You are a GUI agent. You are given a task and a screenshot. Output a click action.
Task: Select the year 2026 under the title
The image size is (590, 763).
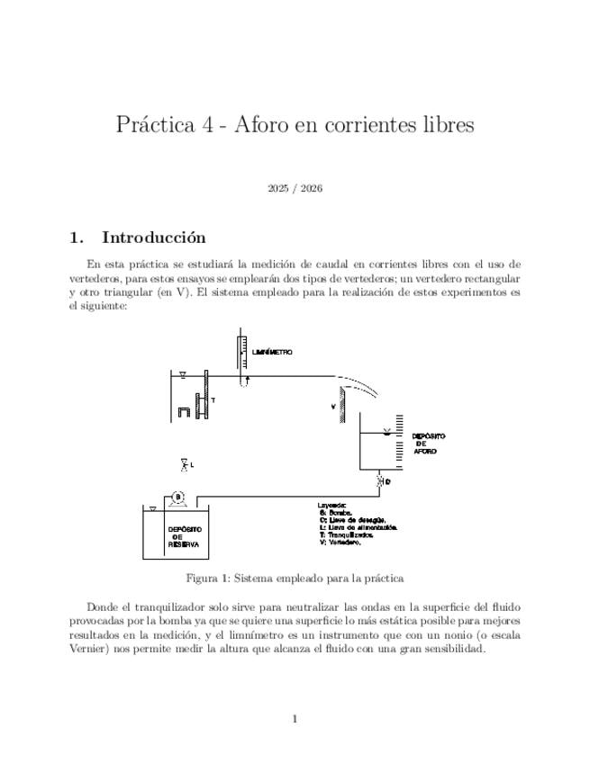pyautogui.click(x=312, y=189)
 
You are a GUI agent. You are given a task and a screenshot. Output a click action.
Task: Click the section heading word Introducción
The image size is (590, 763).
pyautogui.click(x=153, y=238)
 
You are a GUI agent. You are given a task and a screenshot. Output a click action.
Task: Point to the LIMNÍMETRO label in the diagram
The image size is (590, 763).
pyautogui.click(x=273, y=353)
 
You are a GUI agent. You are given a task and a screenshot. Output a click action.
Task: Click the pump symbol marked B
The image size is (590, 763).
pyautogui.click(x=177, y=496)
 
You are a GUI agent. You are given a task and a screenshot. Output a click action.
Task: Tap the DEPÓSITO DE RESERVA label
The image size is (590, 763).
pyautogui.click(x=185, y=537)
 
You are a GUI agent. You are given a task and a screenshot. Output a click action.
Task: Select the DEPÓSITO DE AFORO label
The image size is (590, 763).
pyautogui.click(x=427, y=443)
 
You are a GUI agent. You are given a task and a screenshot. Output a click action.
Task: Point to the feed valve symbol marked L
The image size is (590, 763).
pyautogui.click(x=184, y=464)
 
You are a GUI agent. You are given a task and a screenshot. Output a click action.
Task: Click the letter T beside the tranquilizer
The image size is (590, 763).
pyautogui.click(x=213, y=399)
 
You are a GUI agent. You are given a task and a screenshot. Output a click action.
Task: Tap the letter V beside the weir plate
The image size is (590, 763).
pyautogui.click(x=333, y=407)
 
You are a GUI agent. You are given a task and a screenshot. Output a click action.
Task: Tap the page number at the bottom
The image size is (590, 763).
pyautogui.click(x=295, y=718)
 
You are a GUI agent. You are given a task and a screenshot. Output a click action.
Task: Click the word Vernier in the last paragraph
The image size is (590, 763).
pyautogui.click(x=92, y=649)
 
